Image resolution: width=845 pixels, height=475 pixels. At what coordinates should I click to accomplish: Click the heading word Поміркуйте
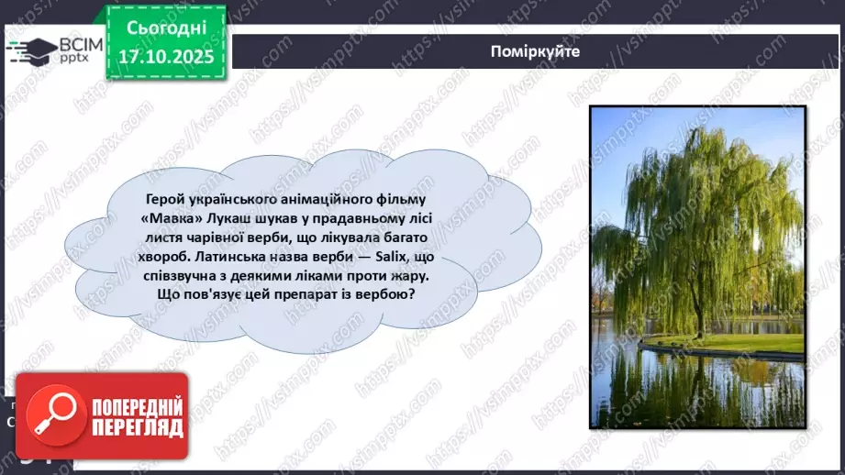[535, 51]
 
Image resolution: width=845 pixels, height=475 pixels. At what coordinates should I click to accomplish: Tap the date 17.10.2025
[164, 57]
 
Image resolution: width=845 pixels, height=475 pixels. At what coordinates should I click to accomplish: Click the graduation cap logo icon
[31, 50]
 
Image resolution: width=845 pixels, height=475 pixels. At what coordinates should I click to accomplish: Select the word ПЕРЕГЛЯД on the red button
[133, 427]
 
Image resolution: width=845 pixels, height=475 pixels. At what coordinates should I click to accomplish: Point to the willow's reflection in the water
[697, 385]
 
